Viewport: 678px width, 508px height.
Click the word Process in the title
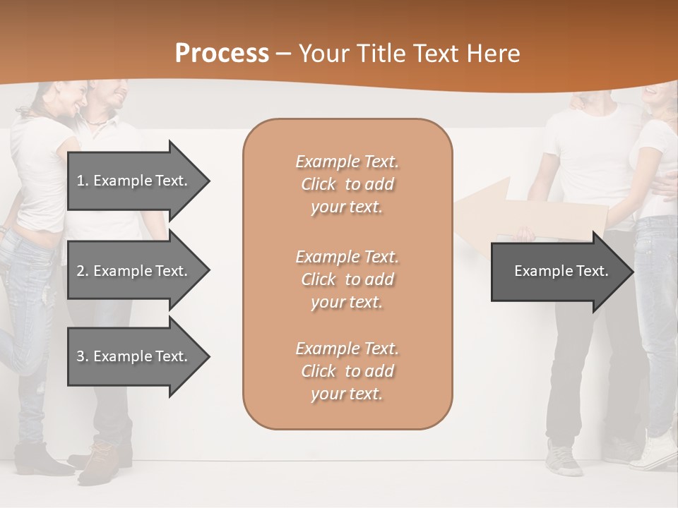point(222,54)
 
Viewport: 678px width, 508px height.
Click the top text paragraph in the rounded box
point(347,184)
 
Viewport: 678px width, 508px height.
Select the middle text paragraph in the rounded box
point(347,279)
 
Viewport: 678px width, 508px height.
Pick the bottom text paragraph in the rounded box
point(347,371)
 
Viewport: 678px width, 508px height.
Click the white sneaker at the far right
point(653,452)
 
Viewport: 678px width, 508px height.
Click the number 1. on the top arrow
point(83,181)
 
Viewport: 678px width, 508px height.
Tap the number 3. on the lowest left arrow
point(83,356)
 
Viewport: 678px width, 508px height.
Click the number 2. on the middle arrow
point(83,271)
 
